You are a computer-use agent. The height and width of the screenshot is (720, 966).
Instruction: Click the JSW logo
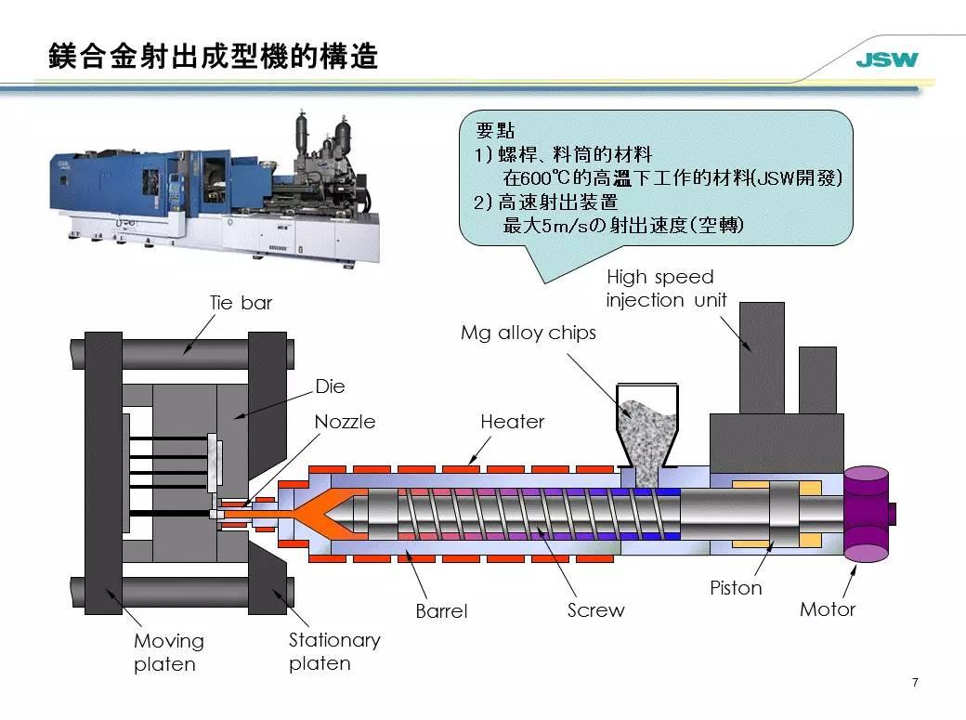coord(886,61)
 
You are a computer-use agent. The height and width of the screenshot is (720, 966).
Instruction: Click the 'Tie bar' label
coord(241,302)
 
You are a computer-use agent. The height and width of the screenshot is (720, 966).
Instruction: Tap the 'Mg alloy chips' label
coord(529,333)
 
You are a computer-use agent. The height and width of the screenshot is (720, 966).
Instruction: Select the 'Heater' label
coord(512,422)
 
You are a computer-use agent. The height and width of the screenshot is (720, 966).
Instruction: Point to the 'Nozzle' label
coord(345,422)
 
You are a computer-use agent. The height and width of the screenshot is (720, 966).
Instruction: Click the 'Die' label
coord(331,385)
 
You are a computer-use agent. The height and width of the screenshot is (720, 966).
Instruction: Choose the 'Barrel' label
coord(441,611)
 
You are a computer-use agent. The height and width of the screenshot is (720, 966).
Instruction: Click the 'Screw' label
coord(595,610)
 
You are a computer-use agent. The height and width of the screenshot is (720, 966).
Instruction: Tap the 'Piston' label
coord(736,588)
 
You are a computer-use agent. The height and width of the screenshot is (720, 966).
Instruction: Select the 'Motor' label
coord(828,609)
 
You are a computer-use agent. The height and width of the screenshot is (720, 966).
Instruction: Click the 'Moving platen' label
coord(168,652)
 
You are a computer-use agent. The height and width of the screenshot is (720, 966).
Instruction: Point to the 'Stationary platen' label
coord(334,651)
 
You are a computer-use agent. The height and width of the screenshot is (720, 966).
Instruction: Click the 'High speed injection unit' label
coord(666,288)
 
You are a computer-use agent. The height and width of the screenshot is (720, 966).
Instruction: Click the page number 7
coord(915,683)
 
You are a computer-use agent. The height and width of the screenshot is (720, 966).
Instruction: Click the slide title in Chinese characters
coord(214,57)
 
